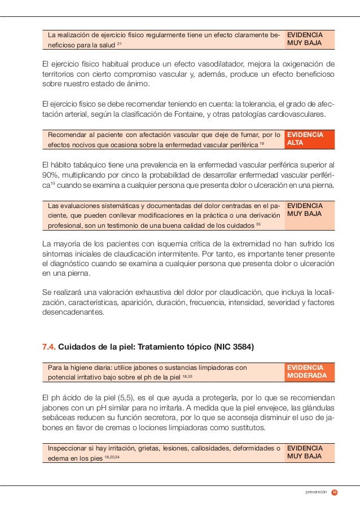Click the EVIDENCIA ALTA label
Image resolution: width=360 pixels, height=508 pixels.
[x=305, y=139]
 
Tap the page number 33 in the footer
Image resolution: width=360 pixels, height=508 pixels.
[x=335, y=492]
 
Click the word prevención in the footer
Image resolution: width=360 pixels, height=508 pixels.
[x=315, y=492]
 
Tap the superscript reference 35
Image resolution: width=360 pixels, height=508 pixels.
[x=258, y=224]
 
